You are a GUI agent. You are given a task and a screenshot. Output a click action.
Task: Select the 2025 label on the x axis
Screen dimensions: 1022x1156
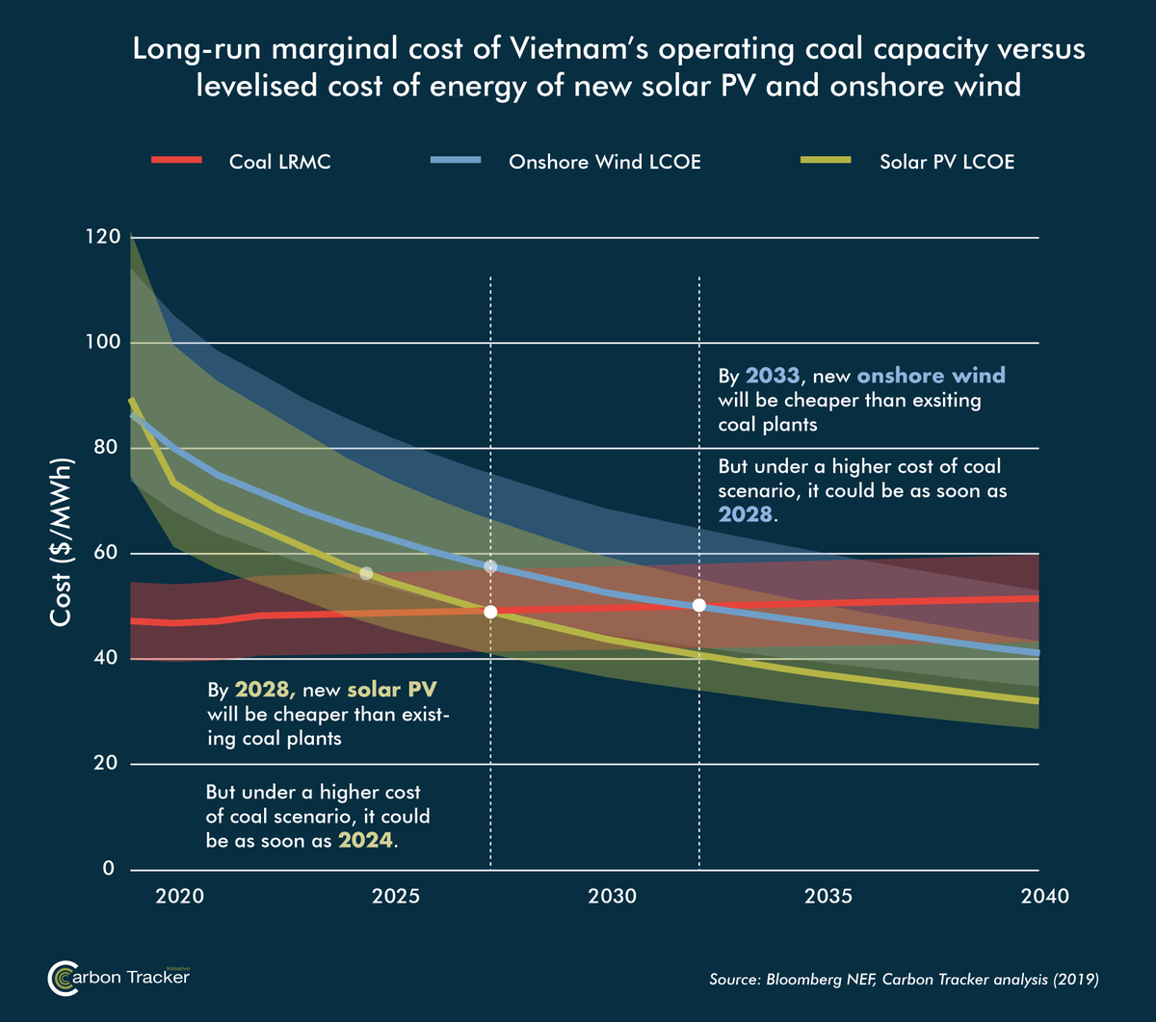394,897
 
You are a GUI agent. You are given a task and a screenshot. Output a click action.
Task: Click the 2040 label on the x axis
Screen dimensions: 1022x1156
1044,897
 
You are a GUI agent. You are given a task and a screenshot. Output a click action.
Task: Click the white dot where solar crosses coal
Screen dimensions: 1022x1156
490,612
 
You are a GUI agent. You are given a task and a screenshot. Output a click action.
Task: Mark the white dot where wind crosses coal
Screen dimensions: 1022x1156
699,605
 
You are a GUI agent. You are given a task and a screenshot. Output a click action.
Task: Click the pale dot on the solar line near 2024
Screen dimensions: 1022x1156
366,573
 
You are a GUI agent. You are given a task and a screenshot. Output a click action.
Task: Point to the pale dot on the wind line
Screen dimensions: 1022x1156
490,566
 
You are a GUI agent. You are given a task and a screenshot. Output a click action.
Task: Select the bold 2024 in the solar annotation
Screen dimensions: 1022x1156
365,840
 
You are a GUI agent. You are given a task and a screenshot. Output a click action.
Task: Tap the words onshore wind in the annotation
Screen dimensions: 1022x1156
918,376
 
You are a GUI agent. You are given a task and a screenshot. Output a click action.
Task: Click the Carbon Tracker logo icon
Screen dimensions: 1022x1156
63,979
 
